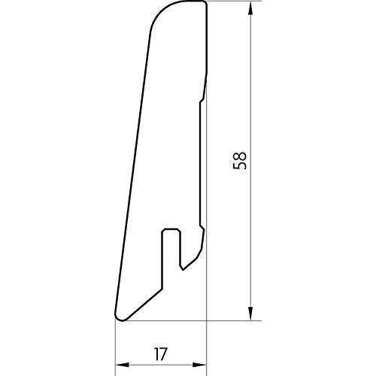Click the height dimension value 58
[x=240, y=161]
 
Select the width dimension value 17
[x=160, y=354]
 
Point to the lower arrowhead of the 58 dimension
[x=250, y=313]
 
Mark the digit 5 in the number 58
[x=240, y=165]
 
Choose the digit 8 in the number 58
[x=240, y=156]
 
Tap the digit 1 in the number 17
[x=156, y=354]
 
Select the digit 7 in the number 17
[x=163, y=354]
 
